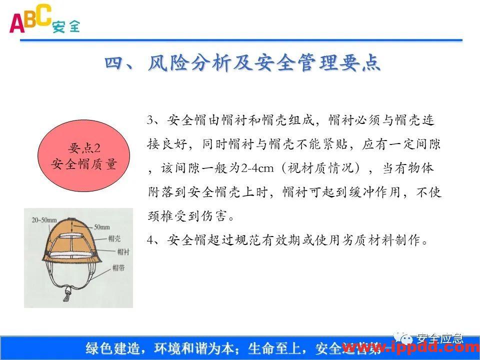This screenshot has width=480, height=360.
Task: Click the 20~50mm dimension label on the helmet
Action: pyautogui.click(x=43, y=219)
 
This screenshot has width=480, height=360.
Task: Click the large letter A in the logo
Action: pyautogui.click(x=16, y=22)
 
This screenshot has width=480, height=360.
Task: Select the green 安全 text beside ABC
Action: pyautogui.click(x=65, y=26)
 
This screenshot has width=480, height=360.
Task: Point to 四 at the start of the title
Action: pyautogui.click(x=114, y=63)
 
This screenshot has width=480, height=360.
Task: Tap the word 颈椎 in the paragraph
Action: pyautogui.click(x=160, y=216)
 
